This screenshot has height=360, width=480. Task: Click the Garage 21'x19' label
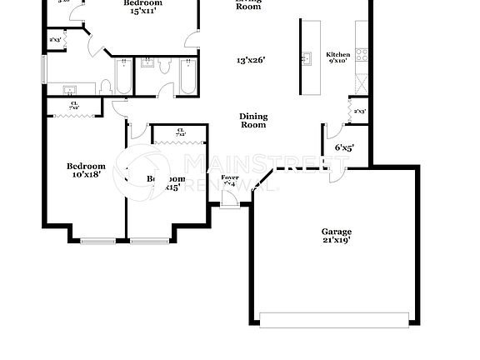tap(336, 237)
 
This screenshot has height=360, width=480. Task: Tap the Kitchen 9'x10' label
tap(338, 57)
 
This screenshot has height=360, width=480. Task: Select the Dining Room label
tap(252, 121)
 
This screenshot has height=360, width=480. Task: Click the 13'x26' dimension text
tap(249, 61)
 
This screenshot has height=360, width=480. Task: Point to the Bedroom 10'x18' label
tap(86, 170)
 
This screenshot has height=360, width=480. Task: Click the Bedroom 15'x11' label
tap(142, 7)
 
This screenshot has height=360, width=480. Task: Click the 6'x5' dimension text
tap(344, 147)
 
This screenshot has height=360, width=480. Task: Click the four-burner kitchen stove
tap(362, 56)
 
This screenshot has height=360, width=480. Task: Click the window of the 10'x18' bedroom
tap(97, 242)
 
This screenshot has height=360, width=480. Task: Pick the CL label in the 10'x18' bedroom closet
tap(73, 106)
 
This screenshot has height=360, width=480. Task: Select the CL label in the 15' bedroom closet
tap(180, 132)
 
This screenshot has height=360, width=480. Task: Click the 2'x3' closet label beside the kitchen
tap(360, 112)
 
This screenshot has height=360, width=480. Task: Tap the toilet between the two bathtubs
tap(163, 67)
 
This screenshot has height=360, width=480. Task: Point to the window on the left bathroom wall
tap(45, 70)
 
